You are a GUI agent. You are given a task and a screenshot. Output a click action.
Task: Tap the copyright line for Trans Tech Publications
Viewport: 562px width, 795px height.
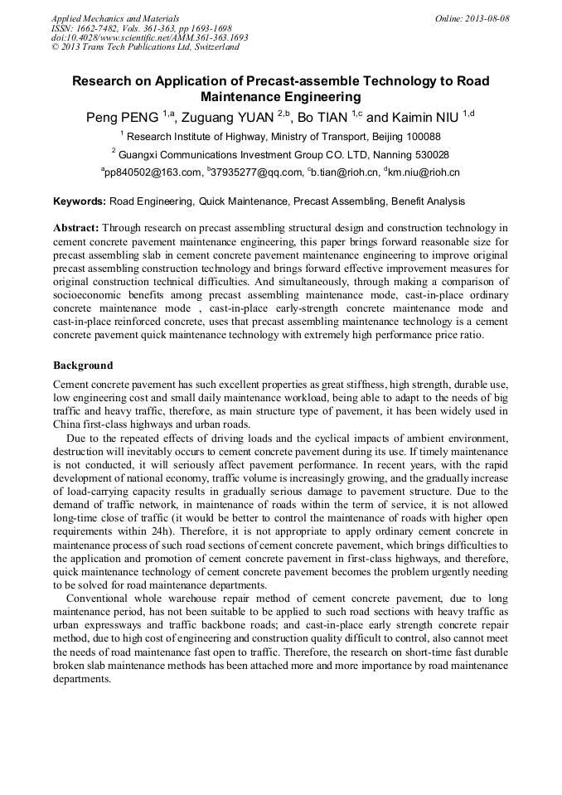click(145, 47)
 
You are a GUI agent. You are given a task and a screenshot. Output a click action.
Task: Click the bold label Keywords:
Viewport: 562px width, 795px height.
click(80, 201)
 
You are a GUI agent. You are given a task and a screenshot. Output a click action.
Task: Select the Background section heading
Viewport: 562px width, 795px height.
click(83, 366)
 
